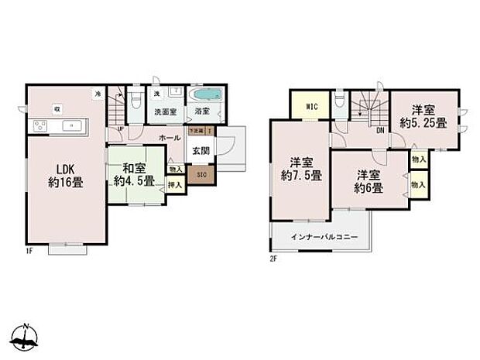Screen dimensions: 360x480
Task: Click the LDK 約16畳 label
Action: click(67, 176)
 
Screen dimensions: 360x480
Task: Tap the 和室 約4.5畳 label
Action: click(135, 175)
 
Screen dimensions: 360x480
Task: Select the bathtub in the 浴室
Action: click(206, 95)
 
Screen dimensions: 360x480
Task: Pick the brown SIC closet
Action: click(201, 174)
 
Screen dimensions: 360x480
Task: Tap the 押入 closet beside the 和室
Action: click(176, 185)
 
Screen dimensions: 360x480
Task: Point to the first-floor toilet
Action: click(135, 99)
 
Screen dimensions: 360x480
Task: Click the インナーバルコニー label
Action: click(324, 237)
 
